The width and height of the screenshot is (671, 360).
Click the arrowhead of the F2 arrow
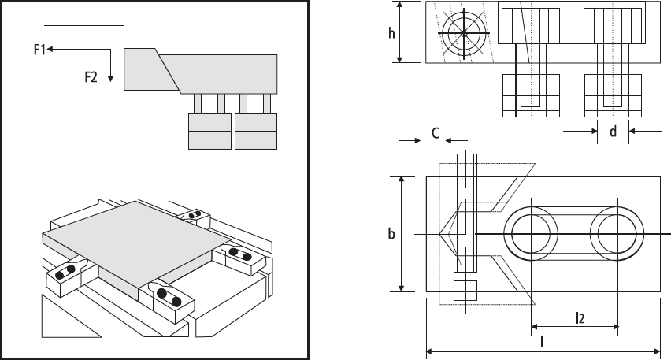(112, 79)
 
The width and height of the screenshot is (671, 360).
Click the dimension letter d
(613, 132)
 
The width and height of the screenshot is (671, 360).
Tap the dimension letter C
(434, 133)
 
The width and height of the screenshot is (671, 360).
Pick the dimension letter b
(391, 234)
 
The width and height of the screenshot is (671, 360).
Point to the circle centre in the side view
(465, 33)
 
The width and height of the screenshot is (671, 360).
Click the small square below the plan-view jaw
(466, 291)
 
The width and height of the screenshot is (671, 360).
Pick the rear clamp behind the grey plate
(195, 215)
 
